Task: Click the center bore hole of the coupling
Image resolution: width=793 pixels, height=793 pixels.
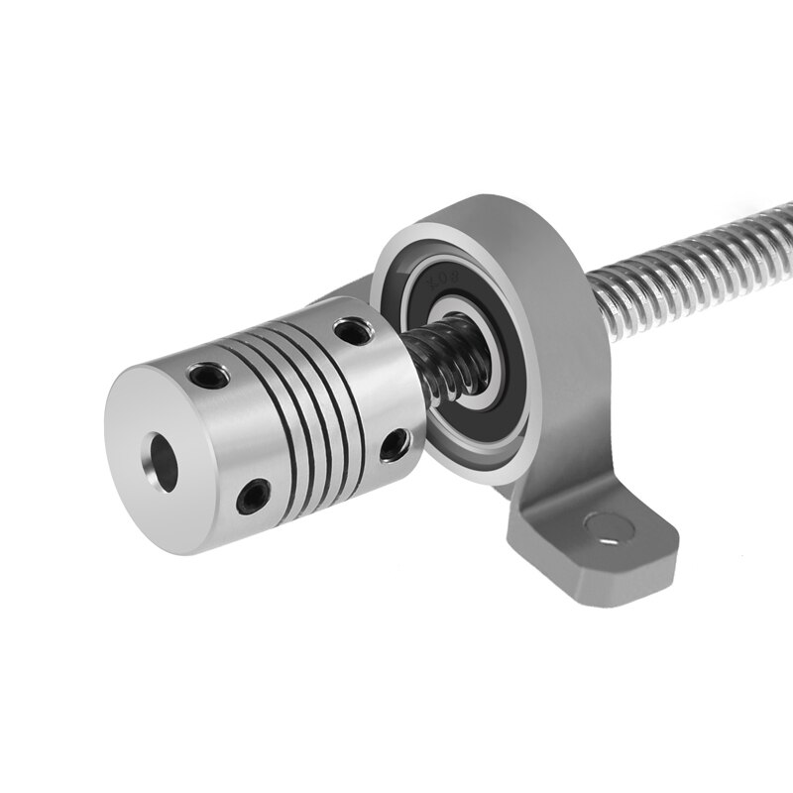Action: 162,456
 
